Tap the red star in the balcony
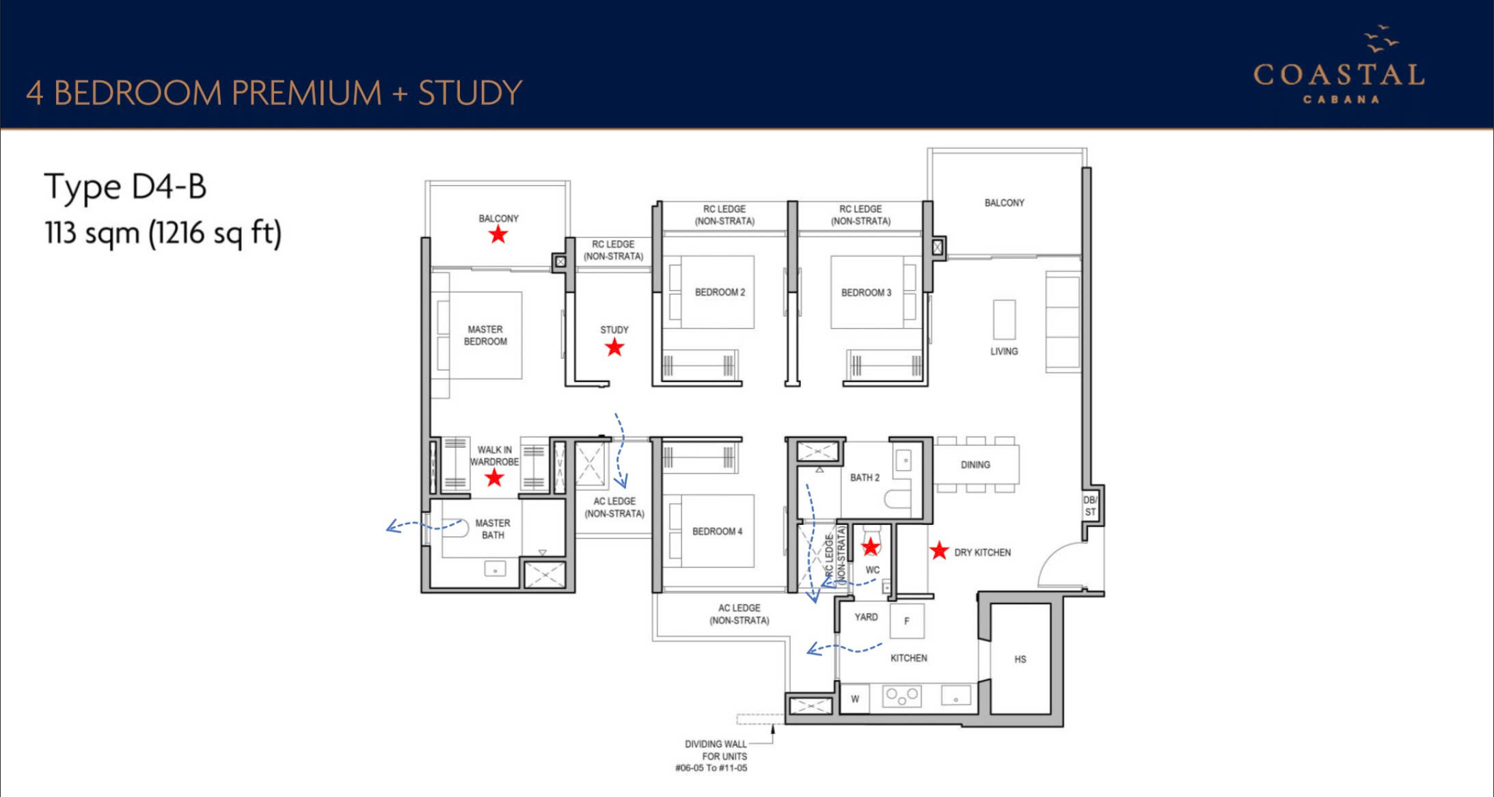[498, 234]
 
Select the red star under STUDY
[614, 347]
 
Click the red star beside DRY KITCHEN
[940, 550]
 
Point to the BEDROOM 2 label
[720, 292]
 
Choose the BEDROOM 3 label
[866, 293]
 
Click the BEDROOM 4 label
[717, 531]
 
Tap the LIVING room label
[1004, 351]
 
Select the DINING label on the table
[975, 465]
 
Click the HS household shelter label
[1020, 660]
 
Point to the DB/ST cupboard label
[1090, 506]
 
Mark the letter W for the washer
[855, 699]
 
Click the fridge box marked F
[907, 621]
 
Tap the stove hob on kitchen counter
[902, 697]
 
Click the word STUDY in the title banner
[470, 93]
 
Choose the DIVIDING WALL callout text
[715, 756]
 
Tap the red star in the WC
[870, 547]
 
